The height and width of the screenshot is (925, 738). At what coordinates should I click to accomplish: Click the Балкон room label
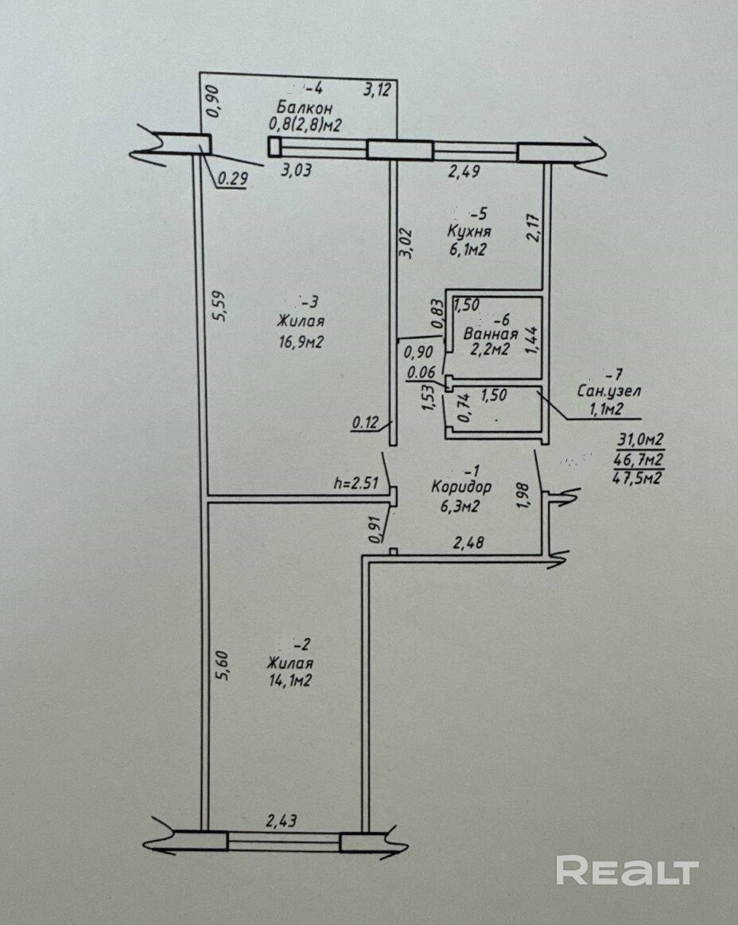[305, 107]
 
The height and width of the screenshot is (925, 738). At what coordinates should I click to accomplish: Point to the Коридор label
[461, 487]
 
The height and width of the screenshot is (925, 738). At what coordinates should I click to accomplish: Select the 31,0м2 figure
[640, 439]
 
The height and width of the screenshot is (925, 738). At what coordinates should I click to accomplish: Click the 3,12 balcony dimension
[379, 90]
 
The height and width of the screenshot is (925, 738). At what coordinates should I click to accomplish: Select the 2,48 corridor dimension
[468, 544]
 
